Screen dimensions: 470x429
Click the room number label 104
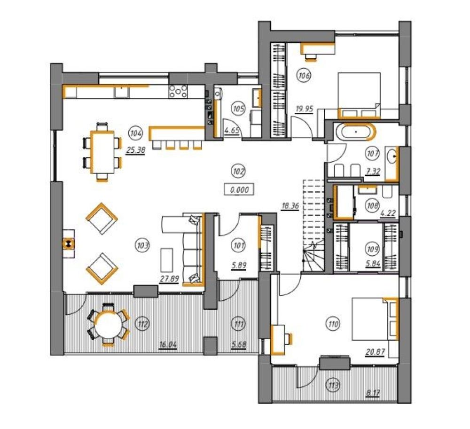point(136,133)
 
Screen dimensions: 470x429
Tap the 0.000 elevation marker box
point(239,189)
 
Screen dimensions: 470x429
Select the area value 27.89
point(169,279)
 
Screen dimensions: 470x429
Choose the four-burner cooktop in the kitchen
point(178,91)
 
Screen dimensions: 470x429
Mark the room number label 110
point(333,324)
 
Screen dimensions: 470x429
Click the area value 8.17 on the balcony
point(373,393)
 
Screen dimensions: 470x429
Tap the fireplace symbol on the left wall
point(69,243)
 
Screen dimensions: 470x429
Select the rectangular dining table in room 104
point(102,152)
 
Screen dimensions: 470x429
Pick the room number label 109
point(372,249)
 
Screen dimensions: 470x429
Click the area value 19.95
point(304,109)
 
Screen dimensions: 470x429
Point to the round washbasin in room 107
point(392,156)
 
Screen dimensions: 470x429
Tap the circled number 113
point(333,385)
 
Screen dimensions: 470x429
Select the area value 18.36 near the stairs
point(290,206)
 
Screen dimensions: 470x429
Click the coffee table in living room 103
point(167,260)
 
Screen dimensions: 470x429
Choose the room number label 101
point(239,245)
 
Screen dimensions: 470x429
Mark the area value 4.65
point(232,131)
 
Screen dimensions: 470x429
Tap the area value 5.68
point(239,344)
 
